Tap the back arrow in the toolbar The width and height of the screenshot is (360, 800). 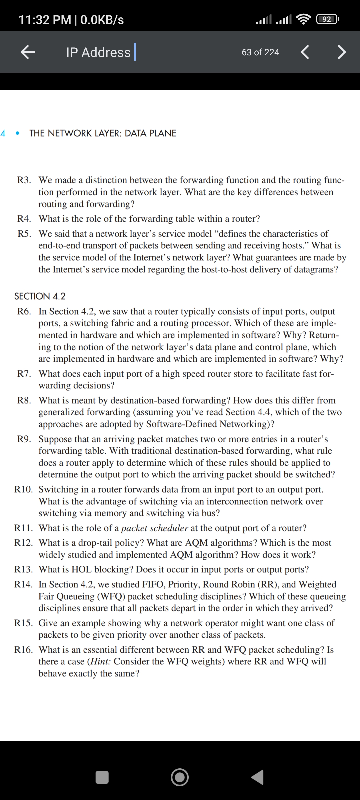point(28,52)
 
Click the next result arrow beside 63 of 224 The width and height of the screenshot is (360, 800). point(342,52)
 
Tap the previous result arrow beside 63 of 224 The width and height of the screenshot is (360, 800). point(305,52)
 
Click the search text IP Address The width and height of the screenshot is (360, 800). point(98,52)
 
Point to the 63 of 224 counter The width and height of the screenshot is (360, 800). point(260,52)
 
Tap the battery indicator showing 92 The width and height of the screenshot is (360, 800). point(328,20)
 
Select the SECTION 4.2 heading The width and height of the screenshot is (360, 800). point(40,296)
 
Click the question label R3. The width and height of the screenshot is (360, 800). point(24,180)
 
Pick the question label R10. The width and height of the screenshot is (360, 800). point(24,489)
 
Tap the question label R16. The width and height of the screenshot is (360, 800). point(24,650)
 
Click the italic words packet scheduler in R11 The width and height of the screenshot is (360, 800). point(155,528)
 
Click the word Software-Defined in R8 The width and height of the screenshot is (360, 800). point(182,424)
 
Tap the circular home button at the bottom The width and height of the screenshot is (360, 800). point(180,777)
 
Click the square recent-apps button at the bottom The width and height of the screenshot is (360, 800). point(102,777)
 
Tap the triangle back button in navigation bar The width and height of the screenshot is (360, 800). point(258,777)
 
